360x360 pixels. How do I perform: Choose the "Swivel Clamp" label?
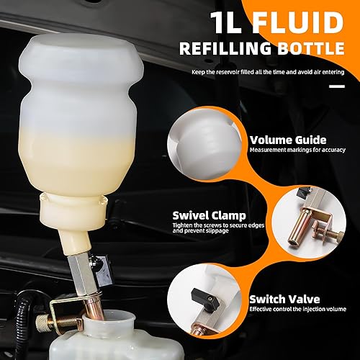(x=208, y=214)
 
